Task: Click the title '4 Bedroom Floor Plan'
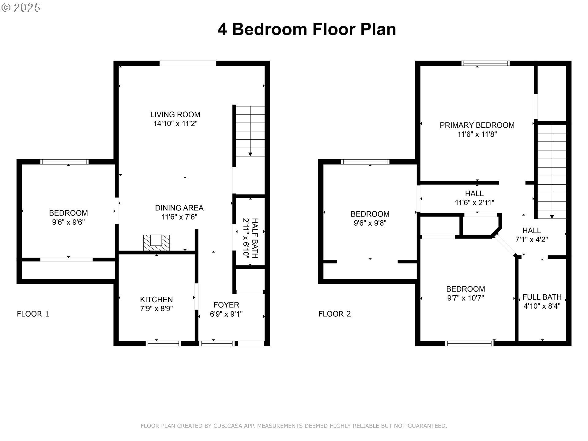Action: point(307,29)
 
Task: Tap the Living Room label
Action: point(175,115)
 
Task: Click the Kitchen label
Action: point(156,300)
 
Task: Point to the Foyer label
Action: point(226,305)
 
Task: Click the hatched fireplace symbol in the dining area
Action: point(156,243)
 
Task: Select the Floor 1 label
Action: point(33,314)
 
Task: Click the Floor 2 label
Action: point(335,314)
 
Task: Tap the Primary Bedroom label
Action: point(477,125)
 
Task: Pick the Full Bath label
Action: point(542,297)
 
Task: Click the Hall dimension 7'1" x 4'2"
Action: point(532,239)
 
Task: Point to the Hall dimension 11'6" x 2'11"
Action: point(474,202)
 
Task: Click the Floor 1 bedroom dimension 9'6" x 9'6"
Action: point(68,222)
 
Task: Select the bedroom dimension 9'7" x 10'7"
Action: point(466,298)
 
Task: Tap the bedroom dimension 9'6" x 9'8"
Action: point(370,223)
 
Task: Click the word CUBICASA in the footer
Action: point(228,426)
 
